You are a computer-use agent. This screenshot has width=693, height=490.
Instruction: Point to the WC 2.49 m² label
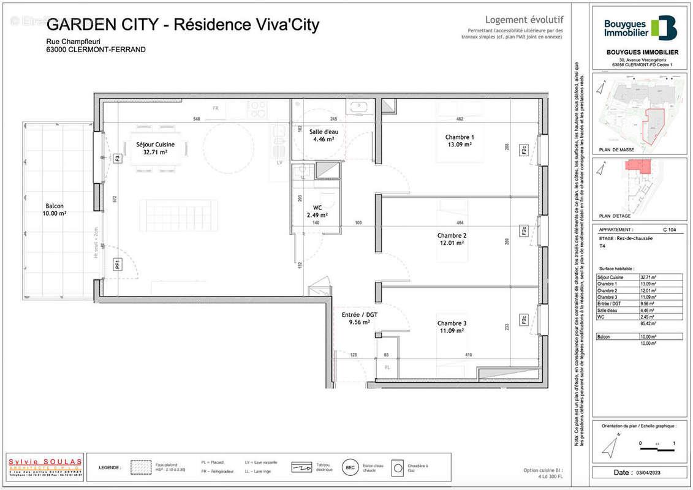(317, 211)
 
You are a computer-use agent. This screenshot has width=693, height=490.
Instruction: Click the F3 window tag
(117, 159)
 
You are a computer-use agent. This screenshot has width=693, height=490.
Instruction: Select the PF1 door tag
(117, 265)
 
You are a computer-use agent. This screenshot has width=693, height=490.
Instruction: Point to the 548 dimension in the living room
(197, 119)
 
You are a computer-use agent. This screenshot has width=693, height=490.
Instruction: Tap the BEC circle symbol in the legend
(349, 467)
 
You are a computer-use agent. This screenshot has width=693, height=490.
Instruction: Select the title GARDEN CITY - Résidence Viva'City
(183, 24)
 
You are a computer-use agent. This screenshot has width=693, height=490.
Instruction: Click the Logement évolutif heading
(524, 20)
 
